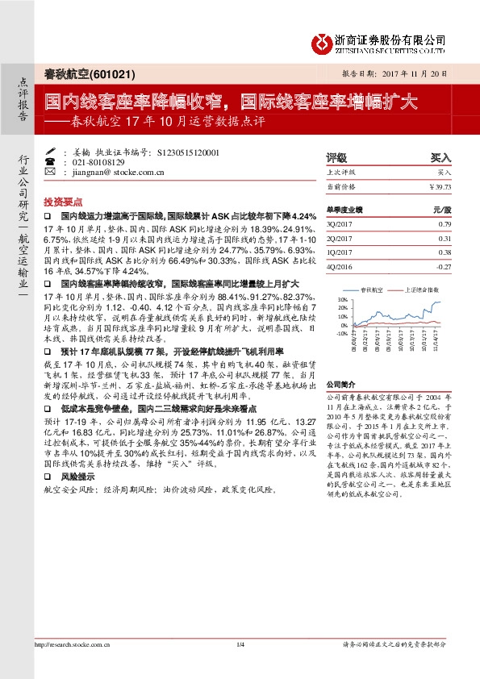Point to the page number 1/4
click(240, 644)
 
